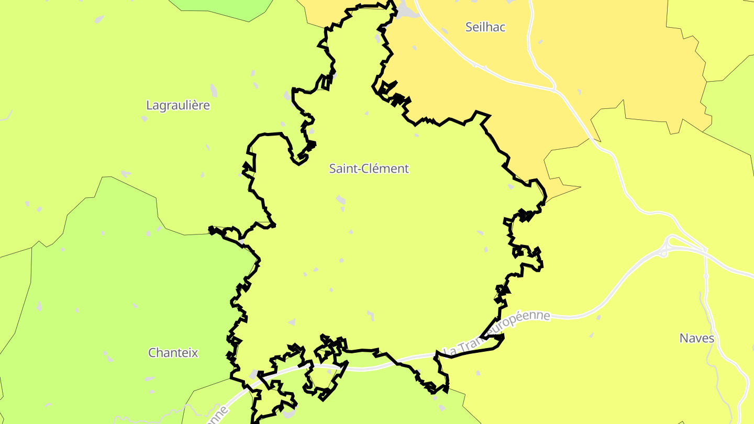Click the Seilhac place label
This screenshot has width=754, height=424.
(x=485, y=27)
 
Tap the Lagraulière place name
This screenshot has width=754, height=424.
(x=178, y=105)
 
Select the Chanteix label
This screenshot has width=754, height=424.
(x=173, y=353)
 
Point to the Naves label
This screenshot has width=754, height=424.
(x=696, y=338)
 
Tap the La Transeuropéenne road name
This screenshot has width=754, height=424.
(x=496, y=333)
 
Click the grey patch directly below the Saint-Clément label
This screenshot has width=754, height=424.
(x=341, y=199)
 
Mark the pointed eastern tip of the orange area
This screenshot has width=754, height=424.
(x=580, y=186)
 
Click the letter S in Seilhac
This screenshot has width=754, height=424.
(x=469, y=27)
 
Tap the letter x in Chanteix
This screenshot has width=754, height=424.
(x=195, y=353)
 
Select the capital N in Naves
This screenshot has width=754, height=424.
(x=684, y=338)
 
